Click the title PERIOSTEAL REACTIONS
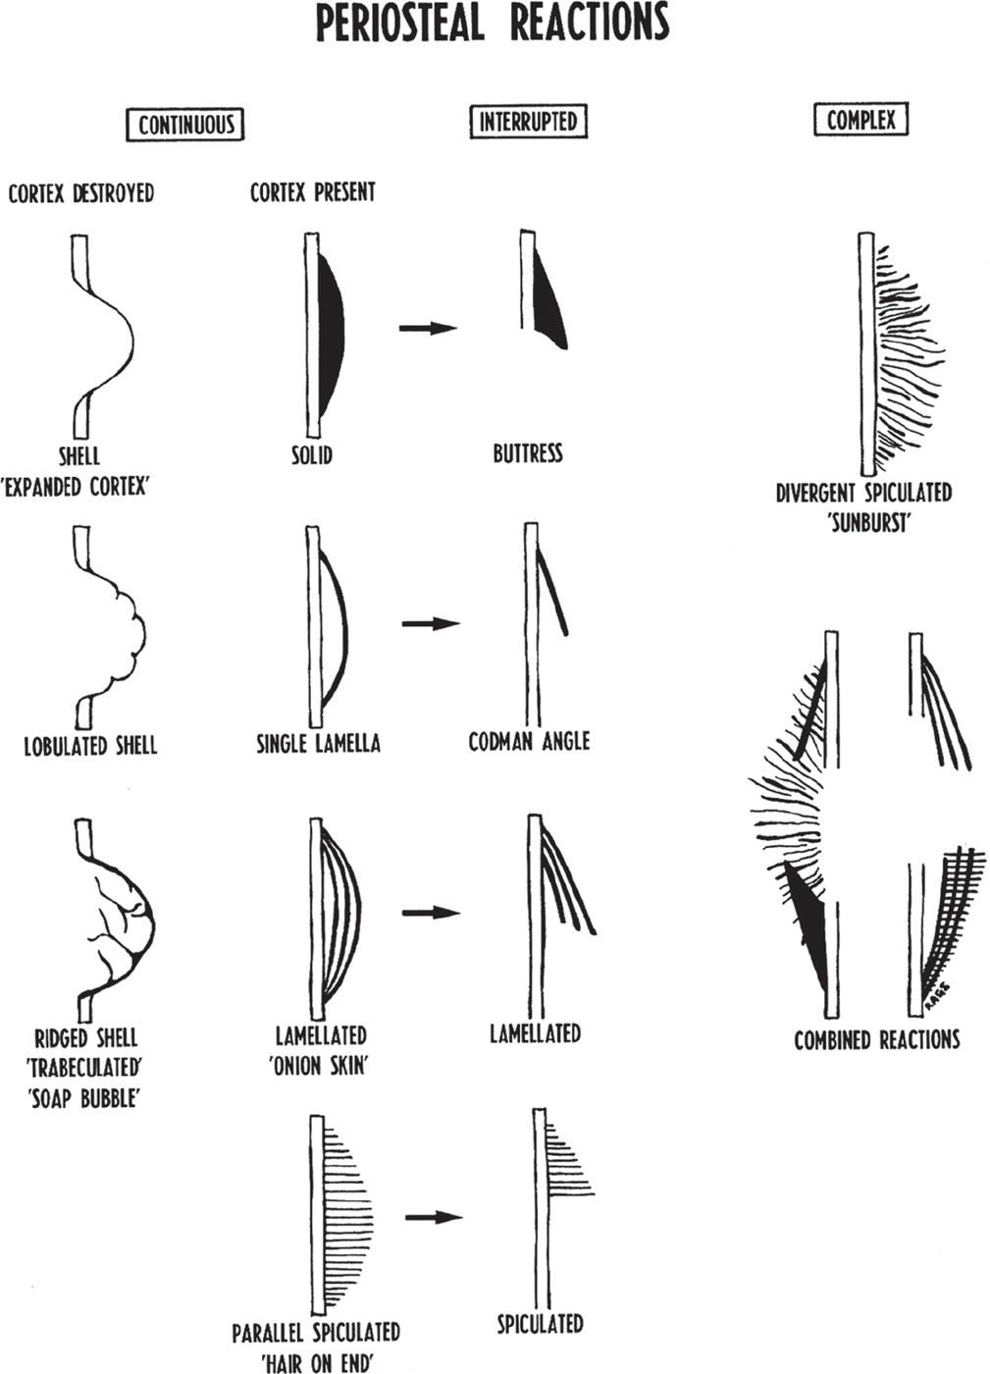(x=493, y=25)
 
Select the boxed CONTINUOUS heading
(x=185, y=125)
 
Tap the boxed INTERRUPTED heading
(x=528, y=122)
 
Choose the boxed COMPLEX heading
(x=861, y=120)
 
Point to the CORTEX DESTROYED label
(x=80, y=192)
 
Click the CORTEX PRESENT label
(x=312, y=192)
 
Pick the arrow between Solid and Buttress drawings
(x=428, y=328)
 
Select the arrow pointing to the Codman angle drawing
(x=430, y=623)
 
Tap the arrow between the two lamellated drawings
(x=430, y=913)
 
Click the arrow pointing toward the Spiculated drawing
(x=433, y=1217)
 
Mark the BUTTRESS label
(x=528, y=453)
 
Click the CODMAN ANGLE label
(x=529, y=740)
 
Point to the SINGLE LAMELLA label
(x=318, y=743)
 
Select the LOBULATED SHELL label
(x=90, y=745)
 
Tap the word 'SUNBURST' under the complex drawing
(x=863, y=522)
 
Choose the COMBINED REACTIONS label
(x=876, y=1039)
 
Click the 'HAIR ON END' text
(x=316, y=1361)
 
